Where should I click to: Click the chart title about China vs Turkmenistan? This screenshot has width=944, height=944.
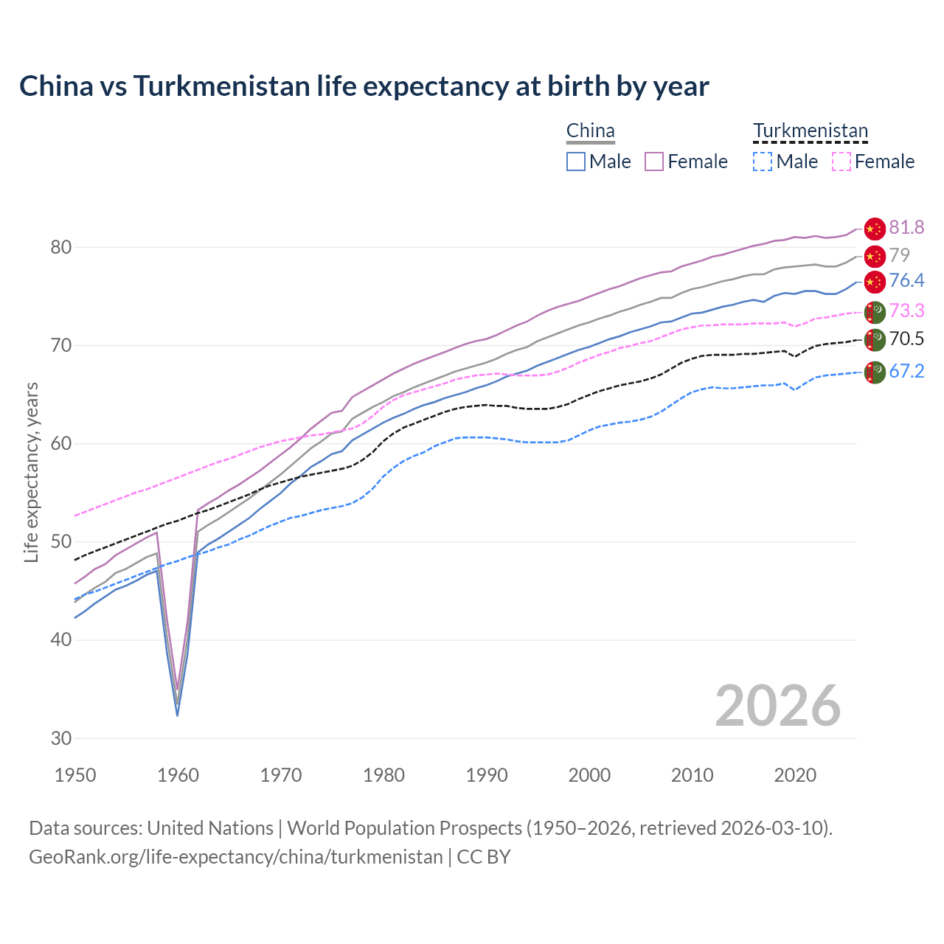point(364,86)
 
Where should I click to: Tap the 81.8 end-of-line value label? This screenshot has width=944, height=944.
point(906,227)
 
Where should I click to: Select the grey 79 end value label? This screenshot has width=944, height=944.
point(899,255)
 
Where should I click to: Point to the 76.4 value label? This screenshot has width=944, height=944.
point(906,280)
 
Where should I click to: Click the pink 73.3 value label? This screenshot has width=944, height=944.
point(906,310)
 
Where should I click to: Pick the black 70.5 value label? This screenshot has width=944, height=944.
point(906,339)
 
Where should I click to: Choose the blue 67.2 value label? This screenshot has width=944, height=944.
point(906,371)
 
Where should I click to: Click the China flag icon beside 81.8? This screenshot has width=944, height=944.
point(874,229)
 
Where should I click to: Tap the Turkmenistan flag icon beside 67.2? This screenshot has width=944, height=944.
point(874,372)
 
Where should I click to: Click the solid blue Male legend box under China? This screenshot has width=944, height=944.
point(576,162)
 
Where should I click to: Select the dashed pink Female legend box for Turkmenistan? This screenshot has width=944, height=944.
point(841,162)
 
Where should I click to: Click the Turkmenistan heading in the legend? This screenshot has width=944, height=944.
point(810,131)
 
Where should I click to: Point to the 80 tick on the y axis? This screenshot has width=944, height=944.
point(61,247)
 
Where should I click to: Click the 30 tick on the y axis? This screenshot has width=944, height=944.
point(61,738)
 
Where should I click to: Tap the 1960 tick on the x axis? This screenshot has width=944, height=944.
point(178,775)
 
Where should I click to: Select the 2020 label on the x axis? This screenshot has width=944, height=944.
point(795,775)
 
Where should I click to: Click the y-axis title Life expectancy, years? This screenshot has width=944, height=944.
point(31,472)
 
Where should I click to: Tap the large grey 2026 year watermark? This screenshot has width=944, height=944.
point(777,706)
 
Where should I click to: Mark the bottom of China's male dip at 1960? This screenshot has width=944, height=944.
point(177,715)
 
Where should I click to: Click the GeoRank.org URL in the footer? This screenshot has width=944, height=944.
point(236,857)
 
